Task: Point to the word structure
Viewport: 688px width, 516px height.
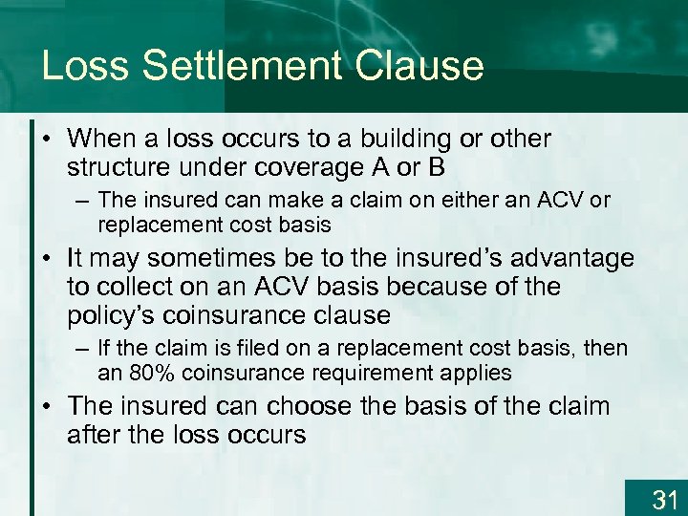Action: [x=118, y=168]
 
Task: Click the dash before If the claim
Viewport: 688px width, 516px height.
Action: [x=80, y=347]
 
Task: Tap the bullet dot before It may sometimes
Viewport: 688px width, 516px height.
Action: [x=48, y=259]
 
